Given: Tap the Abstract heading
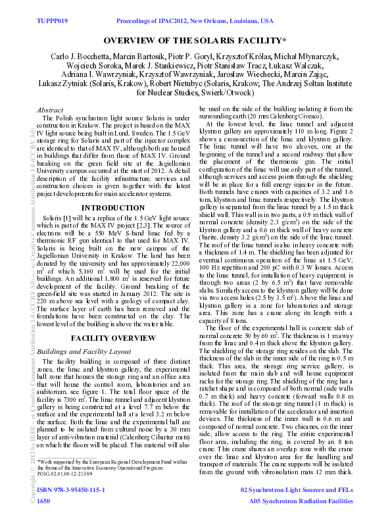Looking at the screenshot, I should pyautogui.click(x=51, y=110).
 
